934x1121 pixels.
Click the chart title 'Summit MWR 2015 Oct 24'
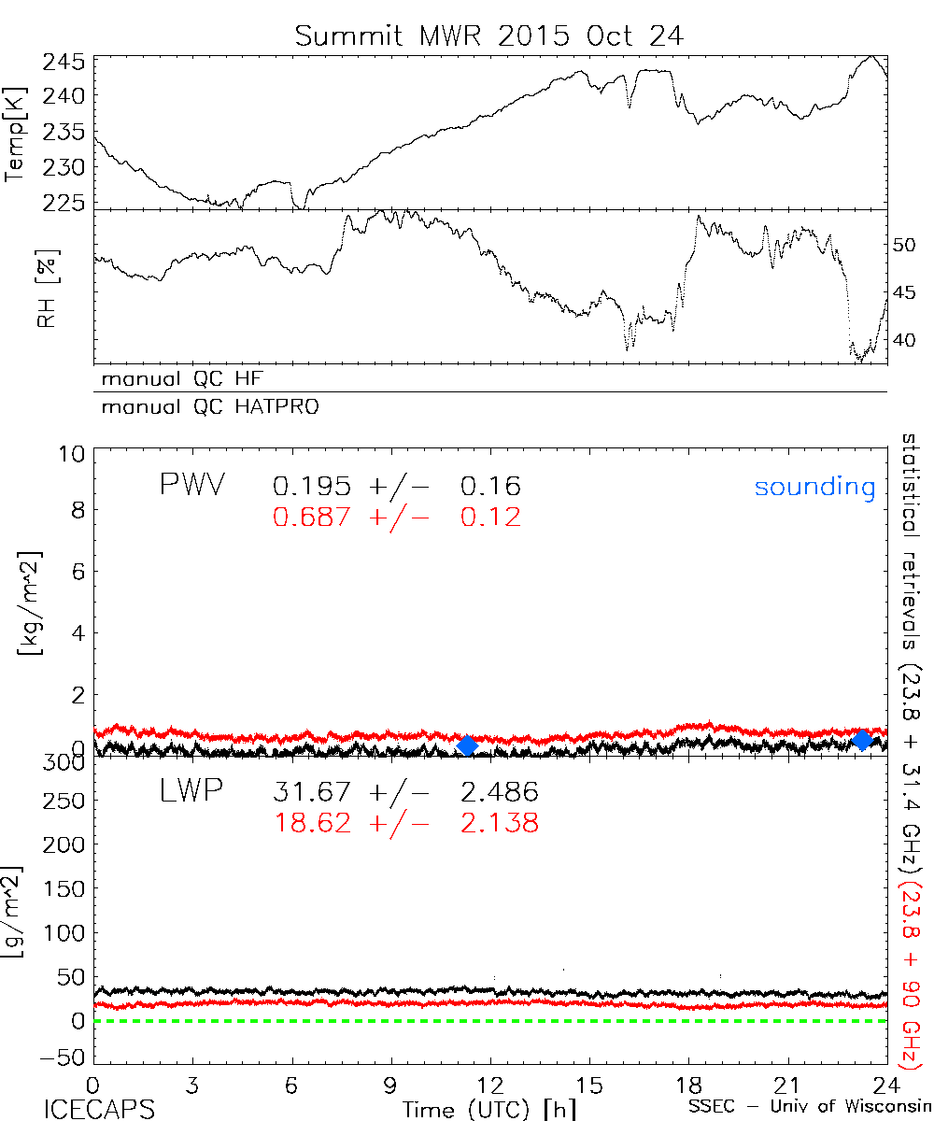pos(489,35)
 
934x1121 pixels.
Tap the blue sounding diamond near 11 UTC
pos(468,745)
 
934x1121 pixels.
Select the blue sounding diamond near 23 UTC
pos(863,740)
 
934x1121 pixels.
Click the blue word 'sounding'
pos(815,487)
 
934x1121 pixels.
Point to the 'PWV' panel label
pos(191,486)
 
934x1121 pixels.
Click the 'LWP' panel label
pos(191,792)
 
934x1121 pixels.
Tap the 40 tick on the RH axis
pos(902,340)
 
